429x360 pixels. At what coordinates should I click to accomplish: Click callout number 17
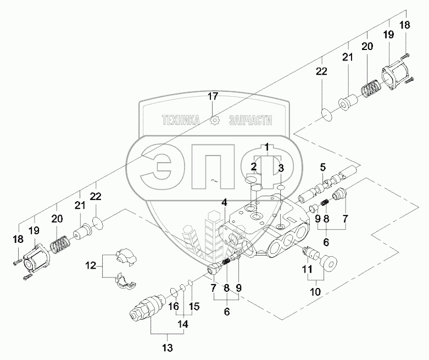213,96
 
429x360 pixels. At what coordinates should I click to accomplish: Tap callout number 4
224,203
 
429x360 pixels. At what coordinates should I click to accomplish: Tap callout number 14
183,324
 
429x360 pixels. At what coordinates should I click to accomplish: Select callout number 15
191,306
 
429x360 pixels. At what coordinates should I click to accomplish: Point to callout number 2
254,167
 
